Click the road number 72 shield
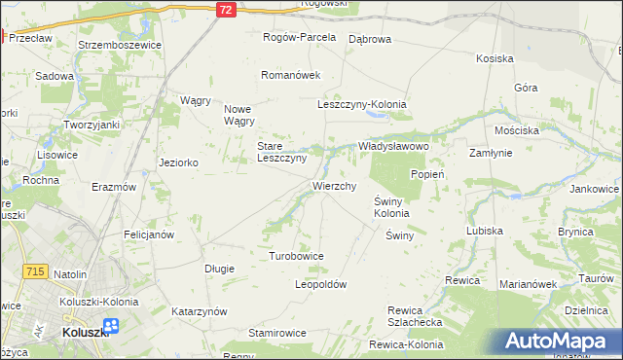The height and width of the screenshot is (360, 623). pos(226,9)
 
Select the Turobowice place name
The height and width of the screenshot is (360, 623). pos(296,256)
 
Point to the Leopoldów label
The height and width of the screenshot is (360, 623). pos(320,285)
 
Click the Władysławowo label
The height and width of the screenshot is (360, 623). pos(393,145)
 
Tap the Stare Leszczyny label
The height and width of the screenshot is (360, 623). pos(281,152)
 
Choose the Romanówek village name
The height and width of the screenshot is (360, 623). pos(289,75)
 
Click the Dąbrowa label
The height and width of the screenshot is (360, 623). pos(369,39)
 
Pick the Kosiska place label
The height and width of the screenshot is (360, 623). pos(495,58)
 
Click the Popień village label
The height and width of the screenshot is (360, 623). pos(427,174)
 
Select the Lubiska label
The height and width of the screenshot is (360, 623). pos(484,232)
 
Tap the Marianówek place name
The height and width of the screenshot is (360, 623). pos(527,285)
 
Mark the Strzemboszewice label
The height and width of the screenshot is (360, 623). pos(118,44)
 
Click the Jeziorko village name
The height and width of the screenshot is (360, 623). pos(178,162)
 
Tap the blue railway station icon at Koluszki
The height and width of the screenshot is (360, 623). pos(110,327)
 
